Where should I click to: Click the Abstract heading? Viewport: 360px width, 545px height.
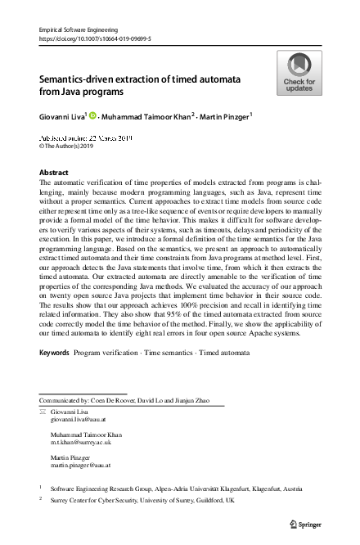[x=54, y=173]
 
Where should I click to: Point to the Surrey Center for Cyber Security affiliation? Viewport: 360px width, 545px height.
[x=142, y=499]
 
